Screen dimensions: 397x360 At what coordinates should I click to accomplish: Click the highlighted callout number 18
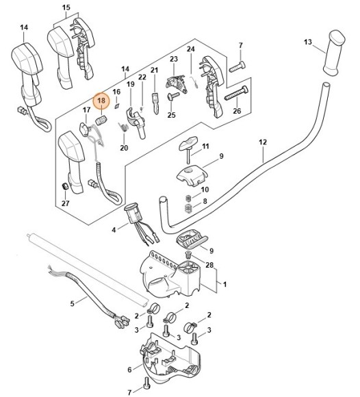101,101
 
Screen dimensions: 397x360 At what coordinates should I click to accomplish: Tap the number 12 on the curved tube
262,142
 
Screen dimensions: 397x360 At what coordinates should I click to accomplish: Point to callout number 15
66,8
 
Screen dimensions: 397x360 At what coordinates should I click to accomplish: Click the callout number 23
173,60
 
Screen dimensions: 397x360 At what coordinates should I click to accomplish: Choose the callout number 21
154,71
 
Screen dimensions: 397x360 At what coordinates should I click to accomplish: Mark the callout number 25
171,115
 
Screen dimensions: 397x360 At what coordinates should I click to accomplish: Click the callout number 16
116,91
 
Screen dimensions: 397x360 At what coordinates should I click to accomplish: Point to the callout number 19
130,84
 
